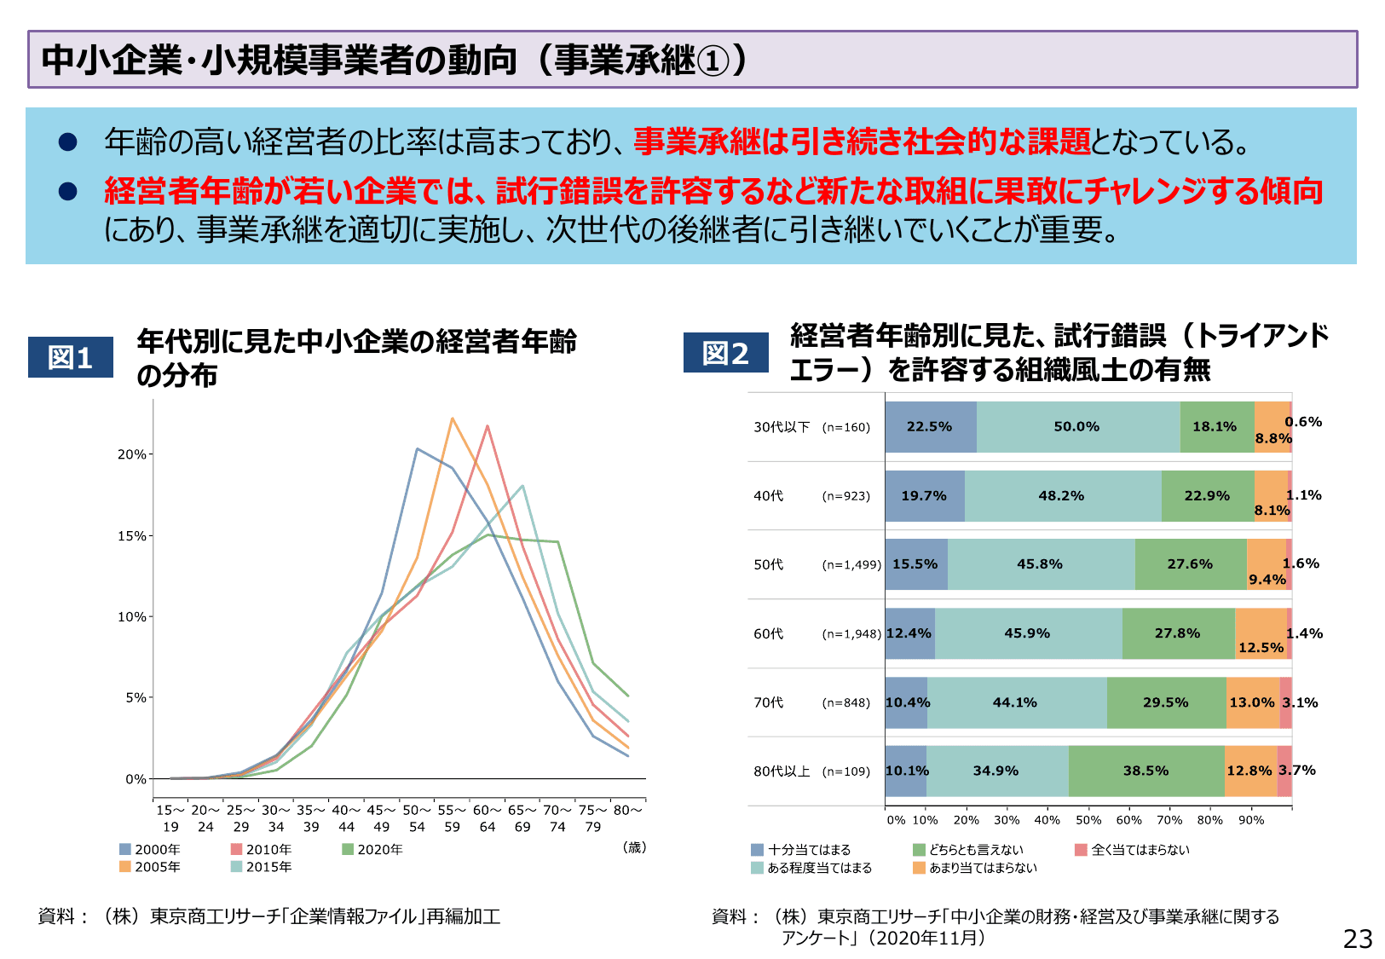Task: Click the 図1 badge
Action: [x=71, y=357]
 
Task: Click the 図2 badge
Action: [x=725, y=353]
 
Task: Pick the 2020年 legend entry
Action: [x=372, y=849]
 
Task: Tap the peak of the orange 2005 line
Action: [x=453, y=418]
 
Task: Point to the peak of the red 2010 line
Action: [x=488, y=425]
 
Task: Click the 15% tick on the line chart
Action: [x=131, y=536]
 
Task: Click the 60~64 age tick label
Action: [x=488, y=818]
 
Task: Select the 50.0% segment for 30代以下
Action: [x=1077, y=427]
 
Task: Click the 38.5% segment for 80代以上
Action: [x=1146, y=771]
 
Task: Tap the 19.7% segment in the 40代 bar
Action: [x=924, y=496]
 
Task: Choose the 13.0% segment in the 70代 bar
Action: [x=1251, y=702]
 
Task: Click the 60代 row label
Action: [x=768, y=633]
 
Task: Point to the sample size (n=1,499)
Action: [x=851, y=564]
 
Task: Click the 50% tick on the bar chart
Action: [x=1088, y=820]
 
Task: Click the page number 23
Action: [x=1358, y=939]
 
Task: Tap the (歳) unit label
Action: [x=634, y=847]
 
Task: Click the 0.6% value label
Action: [x=1303, y=422]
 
